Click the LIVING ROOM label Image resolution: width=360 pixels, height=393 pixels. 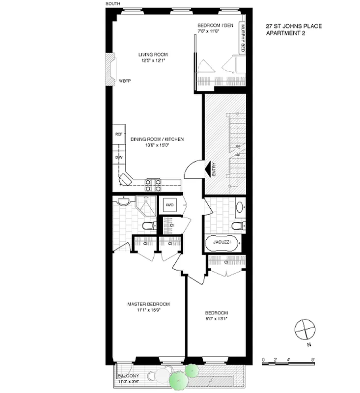tap(153, 54)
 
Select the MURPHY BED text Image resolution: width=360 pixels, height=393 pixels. tap(243, 38)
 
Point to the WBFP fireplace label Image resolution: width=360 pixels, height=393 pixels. tap(124, 81)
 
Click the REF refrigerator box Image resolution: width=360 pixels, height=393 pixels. tap(118, 134)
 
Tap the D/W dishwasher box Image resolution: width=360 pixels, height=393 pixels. tap(118, 157)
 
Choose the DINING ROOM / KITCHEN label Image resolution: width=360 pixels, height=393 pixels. tap(157, 140)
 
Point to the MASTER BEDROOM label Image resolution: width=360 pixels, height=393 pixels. tap(148, 304)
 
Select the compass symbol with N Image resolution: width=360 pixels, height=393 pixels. tap(305, 329)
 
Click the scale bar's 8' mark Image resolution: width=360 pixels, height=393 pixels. tap(313, 360)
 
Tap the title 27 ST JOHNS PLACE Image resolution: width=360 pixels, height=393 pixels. tap(294, 26)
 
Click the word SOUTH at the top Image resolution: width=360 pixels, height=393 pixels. tap(112, 3)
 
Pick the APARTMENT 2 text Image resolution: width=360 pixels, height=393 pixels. tap(286, 33)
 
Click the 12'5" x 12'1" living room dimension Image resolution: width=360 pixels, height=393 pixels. tap(153, 60)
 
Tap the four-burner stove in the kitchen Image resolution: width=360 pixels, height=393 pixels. tap(153, 185)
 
